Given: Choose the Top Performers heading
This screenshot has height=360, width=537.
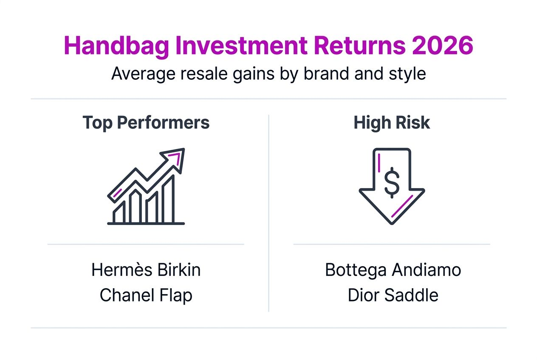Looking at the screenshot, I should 146,123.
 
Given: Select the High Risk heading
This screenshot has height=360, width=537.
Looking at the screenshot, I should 391,123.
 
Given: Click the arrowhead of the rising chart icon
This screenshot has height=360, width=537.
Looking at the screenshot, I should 176,158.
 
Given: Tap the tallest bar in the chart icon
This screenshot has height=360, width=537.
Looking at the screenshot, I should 169,200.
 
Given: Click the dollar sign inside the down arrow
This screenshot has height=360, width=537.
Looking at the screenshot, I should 391,183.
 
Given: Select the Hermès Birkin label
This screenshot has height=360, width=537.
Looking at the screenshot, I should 146,270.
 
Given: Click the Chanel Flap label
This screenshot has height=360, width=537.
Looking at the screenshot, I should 146,295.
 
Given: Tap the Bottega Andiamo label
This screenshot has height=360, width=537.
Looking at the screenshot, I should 393,270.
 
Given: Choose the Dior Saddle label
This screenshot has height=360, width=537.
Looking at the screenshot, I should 393,295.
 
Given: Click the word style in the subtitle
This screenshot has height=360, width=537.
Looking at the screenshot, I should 408,73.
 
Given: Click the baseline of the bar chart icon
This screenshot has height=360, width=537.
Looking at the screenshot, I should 146,223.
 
